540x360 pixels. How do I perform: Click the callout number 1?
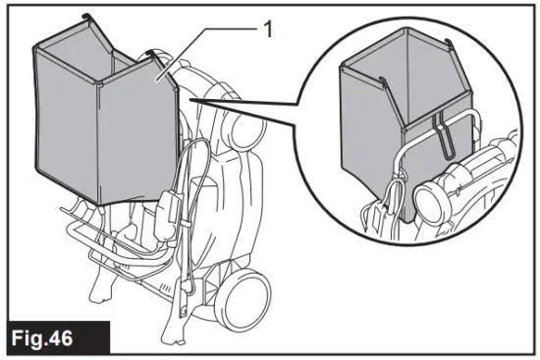[x=266, y=30]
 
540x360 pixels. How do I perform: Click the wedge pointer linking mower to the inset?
[x=245, y=111]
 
